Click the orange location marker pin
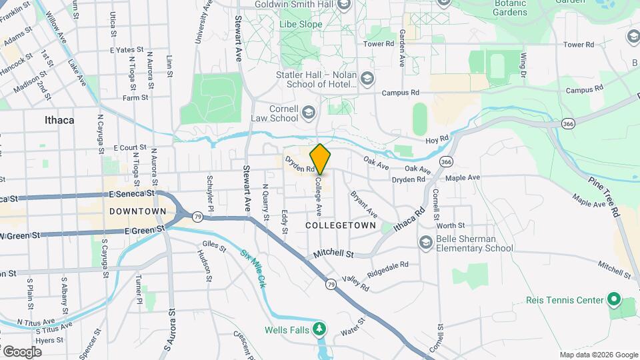coord(320,159)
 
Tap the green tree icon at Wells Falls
coord(320,329)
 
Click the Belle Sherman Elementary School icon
coord(425,242)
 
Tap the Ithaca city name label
coord(59,121)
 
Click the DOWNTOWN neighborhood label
coord(138,211)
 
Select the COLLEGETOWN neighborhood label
coord(337,226)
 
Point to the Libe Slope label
coord(300,25)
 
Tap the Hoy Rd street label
coord(438,139)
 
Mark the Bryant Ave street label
coord(364,204)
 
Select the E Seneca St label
coord(131,193)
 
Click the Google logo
coord(22,351)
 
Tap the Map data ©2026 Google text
coord(598,355)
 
